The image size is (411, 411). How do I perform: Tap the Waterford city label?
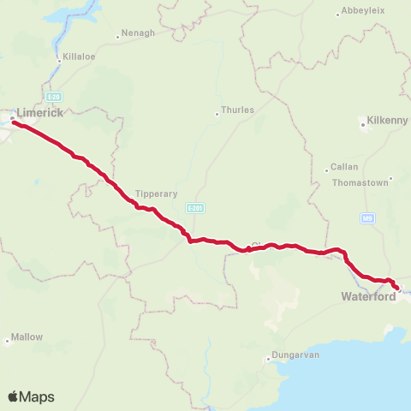pos(368,296)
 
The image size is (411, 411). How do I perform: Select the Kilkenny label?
pos(387,121)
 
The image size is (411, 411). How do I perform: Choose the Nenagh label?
pos(139,33)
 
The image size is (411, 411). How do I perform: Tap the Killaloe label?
pos(76,61)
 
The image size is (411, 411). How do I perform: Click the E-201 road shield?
pos(195,208)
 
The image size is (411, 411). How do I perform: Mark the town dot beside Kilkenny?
pos(363,125)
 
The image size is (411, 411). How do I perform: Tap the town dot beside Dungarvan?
pos(269,359)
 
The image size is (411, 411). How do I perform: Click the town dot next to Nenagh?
pos(117,37)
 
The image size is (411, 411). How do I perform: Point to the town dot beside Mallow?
pos(8,341)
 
